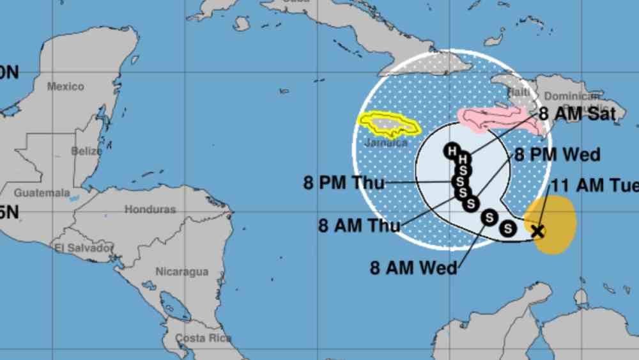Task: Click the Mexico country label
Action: [x=65, y=86]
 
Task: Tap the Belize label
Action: [x=86, y=152]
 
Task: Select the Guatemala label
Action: [x=42, y=192]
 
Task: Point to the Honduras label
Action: [x=150, y=209]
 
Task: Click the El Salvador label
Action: [x=84, y=248]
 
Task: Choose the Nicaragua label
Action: [x=182, y=272]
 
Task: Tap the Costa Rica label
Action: [x=199, y=338]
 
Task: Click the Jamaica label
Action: [x=385, y=143]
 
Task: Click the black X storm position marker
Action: [x=537, y=231]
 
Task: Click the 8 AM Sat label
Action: [x=577, y=114]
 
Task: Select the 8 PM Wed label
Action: [x=557, y=155]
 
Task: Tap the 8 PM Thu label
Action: [x=344, y=183]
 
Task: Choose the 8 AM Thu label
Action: [x=359, y=225]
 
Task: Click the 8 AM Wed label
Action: [x=413, y=267]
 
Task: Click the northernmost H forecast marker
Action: [x=452, y=152]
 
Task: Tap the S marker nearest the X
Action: [x=508, y=227]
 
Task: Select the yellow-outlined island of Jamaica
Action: [x=389, y=125]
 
